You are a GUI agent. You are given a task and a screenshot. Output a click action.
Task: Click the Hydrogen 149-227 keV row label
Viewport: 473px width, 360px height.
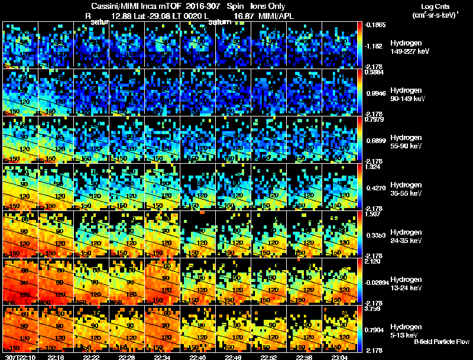[406, 47]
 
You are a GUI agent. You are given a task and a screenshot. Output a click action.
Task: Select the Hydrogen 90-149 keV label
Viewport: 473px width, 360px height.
[406, 94]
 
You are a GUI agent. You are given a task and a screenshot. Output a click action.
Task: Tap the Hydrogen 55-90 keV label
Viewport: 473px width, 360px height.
[406, 141]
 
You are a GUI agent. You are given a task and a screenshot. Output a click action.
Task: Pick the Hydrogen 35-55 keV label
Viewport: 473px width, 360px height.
[406, 189]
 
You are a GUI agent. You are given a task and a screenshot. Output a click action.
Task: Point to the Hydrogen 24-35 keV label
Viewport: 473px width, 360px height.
[406, 236]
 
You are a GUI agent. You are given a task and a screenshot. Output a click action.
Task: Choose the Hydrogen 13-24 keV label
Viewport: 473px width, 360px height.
[406, 283]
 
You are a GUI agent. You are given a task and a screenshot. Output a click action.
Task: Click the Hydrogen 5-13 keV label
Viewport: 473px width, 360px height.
[406, 330]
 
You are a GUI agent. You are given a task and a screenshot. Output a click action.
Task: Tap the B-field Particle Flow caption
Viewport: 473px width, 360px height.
[441, 342]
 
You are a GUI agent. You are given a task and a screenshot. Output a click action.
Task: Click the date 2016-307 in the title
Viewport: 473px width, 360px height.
[196, 5]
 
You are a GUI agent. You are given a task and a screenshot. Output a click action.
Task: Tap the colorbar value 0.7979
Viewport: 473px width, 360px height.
[374, 120]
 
